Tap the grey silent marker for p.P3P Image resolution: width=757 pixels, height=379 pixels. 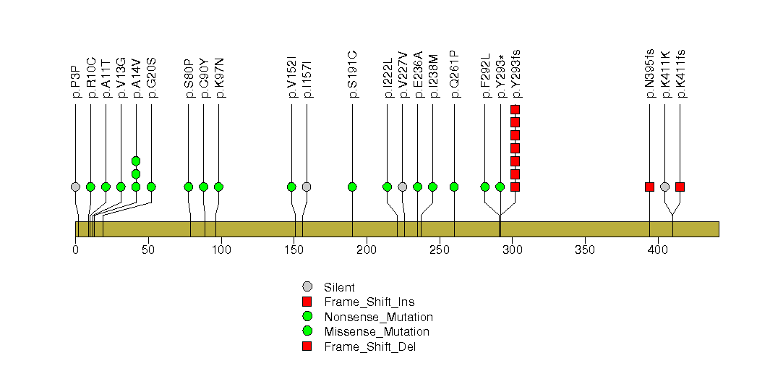(x=75, y=187)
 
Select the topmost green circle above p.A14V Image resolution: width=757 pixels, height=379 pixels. (x=136, y=161)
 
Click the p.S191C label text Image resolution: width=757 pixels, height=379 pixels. (x=352, y=74)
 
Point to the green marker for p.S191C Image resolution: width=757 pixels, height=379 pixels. (x=352, y=187)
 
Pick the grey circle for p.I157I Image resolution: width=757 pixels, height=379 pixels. (x=307, y=187)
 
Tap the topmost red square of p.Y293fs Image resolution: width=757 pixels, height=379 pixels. (x=515, y=110)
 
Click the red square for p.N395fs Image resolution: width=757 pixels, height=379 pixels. (x=649, y=187)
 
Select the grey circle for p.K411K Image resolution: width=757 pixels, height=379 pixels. (x=664, y=187)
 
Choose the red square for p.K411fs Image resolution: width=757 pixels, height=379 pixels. (x=680, y=187)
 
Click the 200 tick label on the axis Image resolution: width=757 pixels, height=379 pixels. (x=367, y=250)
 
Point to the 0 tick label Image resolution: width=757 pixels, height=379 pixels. (x=75, y=250)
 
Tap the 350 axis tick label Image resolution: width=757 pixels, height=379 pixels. (x=585, y=250)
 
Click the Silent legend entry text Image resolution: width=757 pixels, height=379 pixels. (x=339, y=288)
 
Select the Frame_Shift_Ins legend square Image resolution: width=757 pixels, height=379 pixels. (x=307, y=302)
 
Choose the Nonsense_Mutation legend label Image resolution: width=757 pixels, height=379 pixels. (x=379, y=318)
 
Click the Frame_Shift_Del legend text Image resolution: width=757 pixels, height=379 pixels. (x=369, y=346)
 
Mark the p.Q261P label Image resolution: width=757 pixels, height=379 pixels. (x=454, y=74)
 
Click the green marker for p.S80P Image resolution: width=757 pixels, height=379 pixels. (x=188, y=187)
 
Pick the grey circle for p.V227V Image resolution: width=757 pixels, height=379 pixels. (x=402, y=187)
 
